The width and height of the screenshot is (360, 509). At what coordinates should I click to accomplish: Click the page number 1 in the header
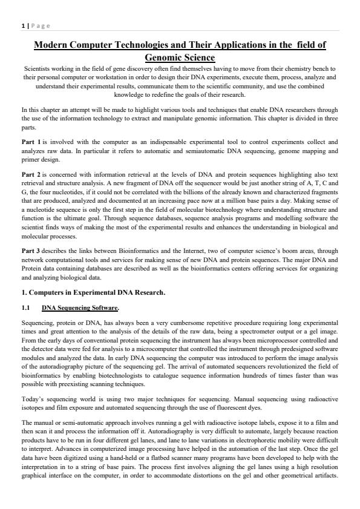(22, 25)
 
